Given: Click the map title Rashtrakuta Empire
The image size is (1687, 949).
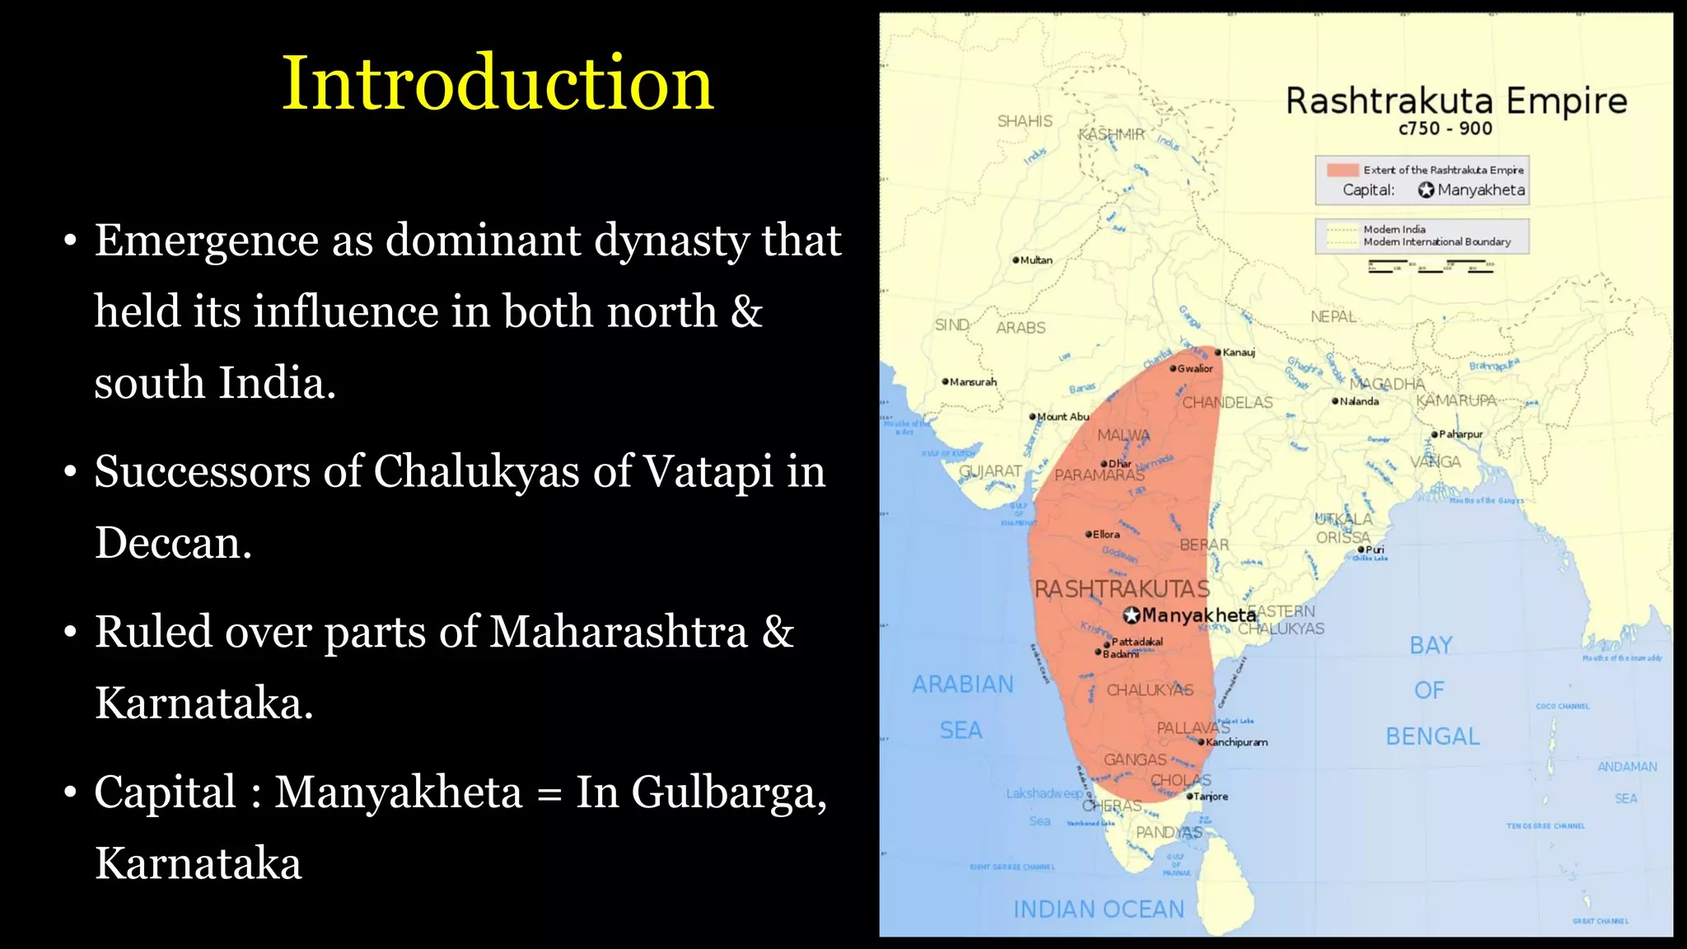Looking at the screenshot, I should pos(1456,101).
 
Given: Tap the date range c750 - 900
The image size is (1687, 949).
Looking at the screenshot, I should pos(1445,129).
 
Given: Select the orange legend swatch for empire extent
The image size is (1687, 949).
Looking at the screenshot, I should pos(1342,170).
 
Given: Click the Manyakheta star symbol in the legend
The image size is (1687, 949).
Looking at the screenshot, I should pos(1426,190).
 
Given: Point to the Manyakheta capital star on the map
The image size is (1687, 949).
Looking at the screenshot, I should pos(1132,615).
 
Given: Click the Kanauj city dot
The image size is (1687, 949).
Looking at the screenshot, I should pos(1217,353).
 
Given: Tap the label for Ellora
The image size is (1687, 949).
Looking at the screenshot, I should pos(1106,535).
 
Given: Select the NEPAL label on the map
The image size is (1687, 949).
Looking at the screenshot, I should pos(1333,317).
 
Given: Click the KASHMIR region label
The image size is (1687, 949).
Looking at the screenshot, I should pos(1111,134).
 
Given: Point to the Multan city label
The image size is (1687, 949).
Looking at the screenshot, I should pos(1036,260).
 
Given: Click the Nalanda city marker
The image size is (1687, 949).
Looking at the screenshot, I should pos(1335,401).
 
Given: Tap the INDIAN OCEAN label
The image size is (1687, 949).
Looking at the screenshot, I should pos(1098,909).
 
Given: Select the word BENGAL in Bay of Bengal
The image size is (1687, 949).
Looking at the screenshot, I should pos(1432,736).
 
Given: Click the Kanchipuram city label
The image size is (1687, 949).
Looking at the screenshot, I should pos(1236,742).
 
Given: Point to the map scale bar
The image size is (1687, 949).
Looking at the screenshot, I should pos(1430,266).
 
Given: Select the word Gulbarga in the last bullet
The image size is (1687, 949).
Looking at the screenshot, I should pos(729,792).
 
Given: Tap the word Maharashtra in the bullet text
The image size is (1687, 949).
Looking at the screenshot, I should pos(618,632).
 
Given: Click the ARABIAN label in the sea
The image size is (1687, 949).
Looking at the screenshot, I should pos(963,685).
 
